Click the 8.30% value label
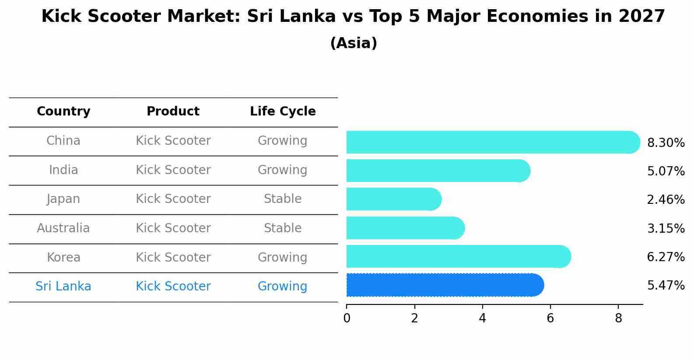click(666, 143)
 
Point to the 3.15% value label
click(666, 229)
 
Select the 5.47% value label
click(666, 286)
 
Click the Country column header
click(63, 112)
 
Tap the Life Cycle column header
click(283, 112)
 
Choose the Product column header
click(173, 112)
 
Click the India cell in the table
click(63, 170)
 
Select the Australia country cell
click(63, 228)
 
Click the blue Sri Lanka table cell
click(63, 287)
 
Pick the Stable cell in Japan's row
click(283, 199)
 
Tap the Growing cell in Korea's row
click(283, 258)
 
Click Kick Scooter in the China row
click(173, 141)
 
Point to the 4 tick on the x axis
click(482, 318)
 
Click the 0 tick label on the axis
click(347, 318)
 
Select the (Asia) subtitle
click(354, 43)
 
